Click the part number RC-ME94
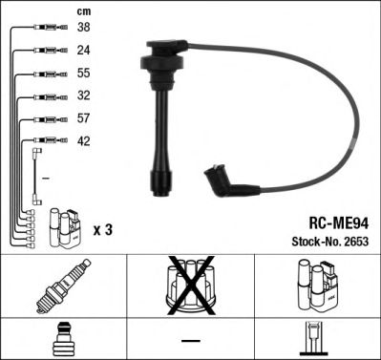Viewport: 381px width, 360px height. point(328,218)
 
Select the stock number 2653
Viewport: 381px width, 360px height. point(353,238)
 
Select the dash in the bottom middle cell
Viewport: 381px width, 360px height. point(189,342)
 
